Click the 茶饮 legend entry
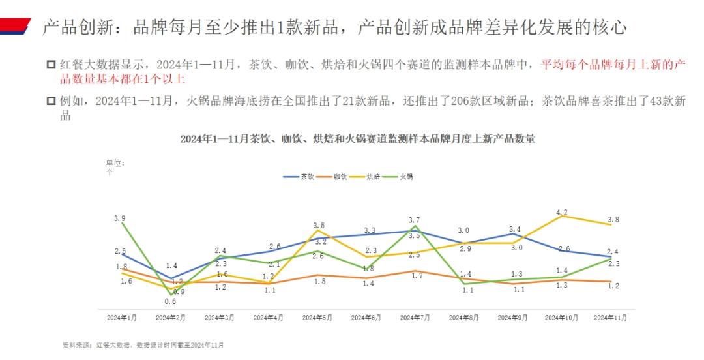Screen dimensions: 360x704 pos(299,177)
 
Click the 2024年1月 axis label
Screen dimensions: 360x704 pos(122,318)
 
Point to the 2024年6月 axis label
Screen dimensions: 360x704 pos(366,318)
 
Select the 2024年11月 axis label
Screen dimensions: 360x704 pos(611,318)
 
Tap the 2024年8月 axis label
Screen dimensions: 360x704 pos(464,318)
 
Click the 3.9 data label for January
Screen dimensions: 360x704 pos(119,218)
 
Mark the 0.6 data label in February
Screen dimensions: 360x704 pos(170,301)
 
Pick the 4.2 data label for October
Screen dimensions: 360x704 pos(562,213)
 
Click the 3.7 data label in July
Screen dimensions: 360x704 pos(415,220)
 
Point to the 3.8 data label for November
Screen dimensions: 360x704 pos(612,219)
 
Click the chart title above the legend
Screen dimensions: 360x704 pos(357,139)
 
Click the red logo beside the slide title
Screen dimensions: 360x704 pos(16,27)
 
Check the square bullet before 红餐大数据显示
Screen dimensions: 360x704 pos(51,65)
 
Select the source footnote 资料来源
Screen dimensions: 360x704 pos(142,344)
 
